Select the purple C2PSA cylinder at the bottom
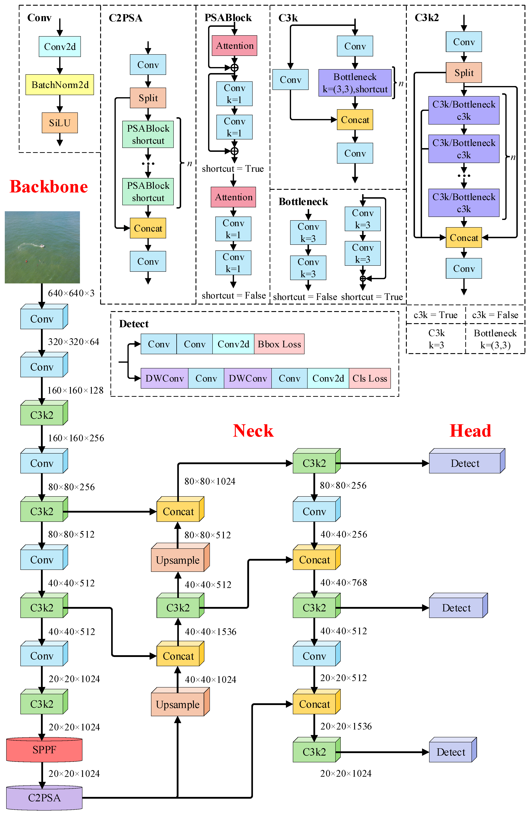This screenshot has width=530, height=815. [x=44, y=798]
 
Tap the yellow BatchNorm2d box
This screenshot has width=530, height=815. [x=60, y=85]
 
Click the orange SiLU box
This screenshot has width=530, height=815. [x=60, y=123]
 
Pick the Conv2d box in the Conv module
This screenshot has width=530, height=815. [x=60, y=47]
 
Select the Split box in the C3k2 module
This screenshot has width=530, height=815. [x=464, y=73]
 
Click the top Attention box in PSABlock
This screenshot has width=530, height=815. [x=234, y=46]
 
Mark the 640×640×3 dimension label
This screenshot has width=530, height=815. [x=71, y=293]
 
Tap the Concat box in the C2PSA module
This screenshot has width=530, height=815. [x=148, y=228]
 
